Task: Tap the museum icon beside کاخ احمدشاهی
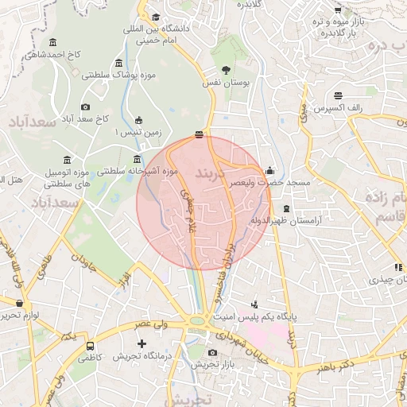click(x=52, y=42)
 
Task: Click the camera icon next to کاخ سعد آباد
click(x=85, y=107)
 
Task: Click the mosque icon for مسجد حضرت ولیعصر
click(x=270, y=170)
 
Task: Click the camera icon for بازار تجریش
click(x=212, y=352)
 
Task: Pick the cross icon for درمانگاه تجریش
click(x=141, y=344)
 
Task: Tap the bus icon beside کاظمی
click(x=91, y=347)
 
